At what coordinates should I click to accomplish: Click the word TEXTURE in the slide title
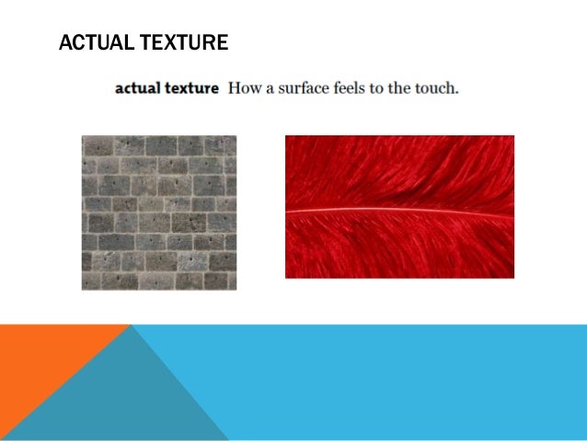181,42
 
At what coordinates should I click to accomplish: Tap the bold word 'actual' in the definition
136,90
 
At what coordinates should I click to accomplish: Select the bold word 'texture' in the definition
190,90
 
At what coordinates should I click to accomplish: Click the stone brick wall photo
158,213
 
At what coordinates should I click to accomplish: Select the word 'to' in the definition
383,90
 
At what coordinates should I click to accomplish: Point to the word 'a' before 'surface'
270,90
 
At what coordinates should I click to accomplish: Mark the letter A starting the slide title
63,42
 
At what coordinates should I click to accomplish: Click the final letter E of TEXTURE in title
222,42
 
